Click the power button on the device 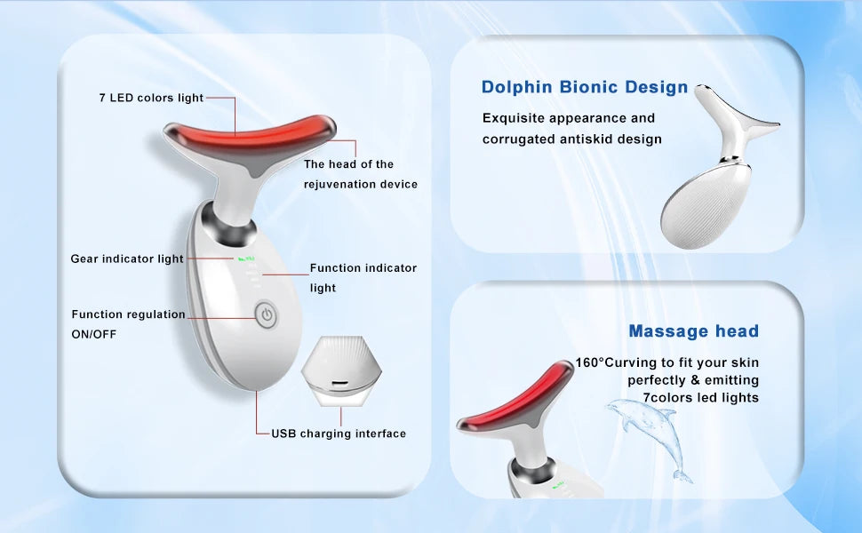click(267, 314)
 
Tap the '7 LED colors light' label click(151, 98)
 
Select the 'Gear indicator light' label click(127, 259)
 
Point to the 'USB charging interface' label click(339, 434)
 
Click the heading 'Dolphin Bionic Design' click(585, 87)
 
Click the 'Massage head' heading click(694, 330)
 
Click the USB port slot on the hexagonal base click(339, 382)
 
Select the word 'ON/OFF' click(94, 334)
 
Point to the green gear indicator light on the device click(247, 259)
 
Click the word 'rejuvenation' click(338, 184)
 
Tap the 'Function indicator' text click(363, 268)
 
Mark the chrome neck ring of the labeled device click(228, 227)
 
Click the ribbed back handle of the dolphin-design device click(706, 205)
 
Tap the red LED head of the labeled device click(250, 139)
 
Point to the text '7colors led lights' click(701, 398)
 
